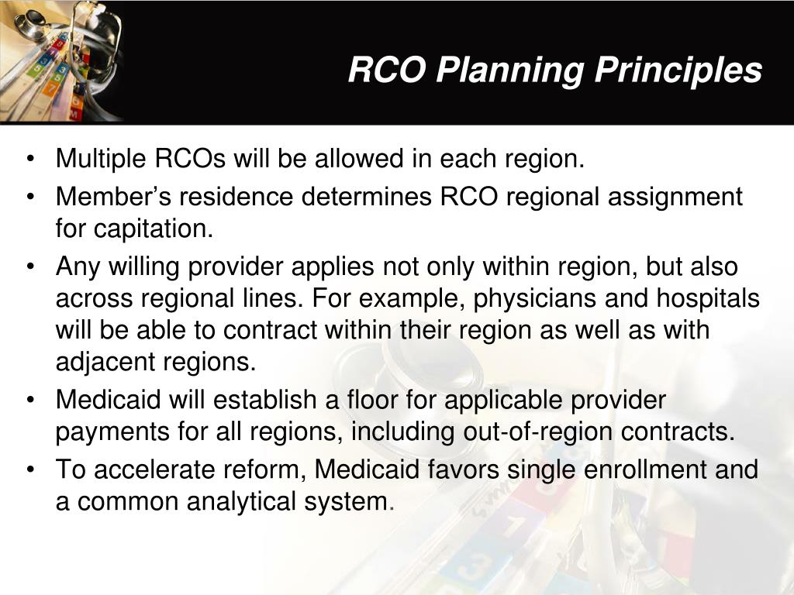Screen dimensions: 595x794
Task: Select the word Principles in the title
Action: (x=678, y=71)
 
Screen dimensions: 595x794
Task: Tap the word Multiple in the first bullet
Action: (x=98, y=160)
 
